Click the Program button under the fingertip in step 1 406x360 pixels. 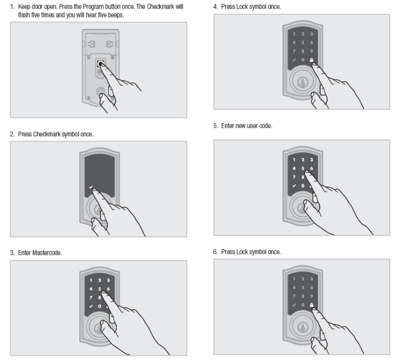point(100,64)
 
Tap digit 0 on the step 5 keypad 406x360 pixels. point(301,186)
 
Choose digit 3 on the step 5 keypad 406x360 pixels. point(312,160)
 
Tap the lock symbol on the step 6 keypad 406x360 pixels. point(312,305)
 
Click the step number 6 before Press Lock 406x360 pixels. point(215,252)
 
